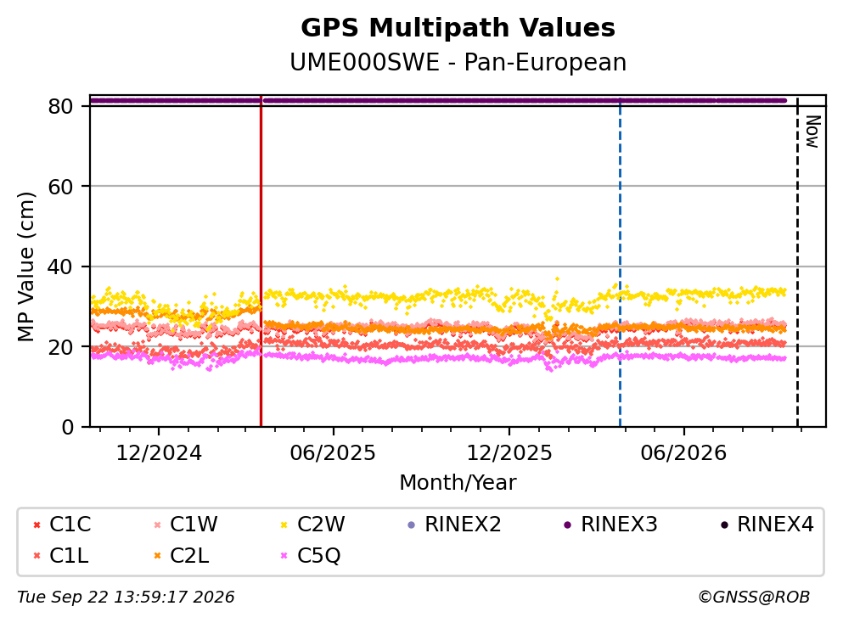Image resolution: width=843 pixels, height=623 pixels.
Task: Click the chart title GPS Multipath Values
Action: [x=458, y=28]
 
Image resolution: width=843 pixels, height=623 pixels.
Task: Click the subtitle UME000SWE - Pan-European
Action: [x=458, y=62]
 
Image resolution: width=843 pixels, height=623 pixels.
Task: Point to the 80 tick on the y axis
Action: [x=61, y=106]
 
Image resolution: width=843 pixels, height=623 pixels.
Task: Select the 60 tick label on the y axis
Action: [x=61, y=187]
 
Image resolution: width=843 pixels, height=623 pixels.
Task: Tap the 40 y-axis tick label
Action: [x=61, y=267]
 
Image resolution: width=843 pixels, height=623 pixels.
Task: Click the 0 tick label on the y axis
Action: [x=68, y=427]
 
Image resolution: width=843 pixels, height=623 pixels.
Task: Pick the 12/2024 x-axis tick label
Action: [x=159, y=453]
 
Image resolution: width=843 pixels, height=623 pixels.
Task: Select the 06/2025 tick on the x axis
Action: [x=333, y=453]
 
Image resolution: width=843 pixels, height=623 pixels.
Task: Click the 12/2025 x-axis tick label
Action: [x=509, y=453]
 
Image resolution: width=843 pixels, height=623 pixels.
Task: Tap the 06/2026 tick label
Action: [x=683, y=453]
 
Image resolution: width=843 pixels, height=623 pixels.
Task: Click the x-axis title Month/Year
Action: [x=458, y=483]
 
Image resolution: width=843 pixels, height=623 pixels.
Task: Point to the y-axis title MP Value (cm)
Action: [x=25, y=267]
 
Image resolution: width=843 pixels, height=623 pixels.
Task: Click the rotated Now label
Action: [x=812, y=132]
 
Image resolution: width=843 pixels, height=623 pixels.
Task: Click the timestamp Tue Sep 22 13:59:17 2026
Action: [x=126, y=597]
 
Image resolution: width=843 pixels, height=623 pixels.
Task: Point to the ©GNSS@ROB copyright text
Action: [x=754, y=597]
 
